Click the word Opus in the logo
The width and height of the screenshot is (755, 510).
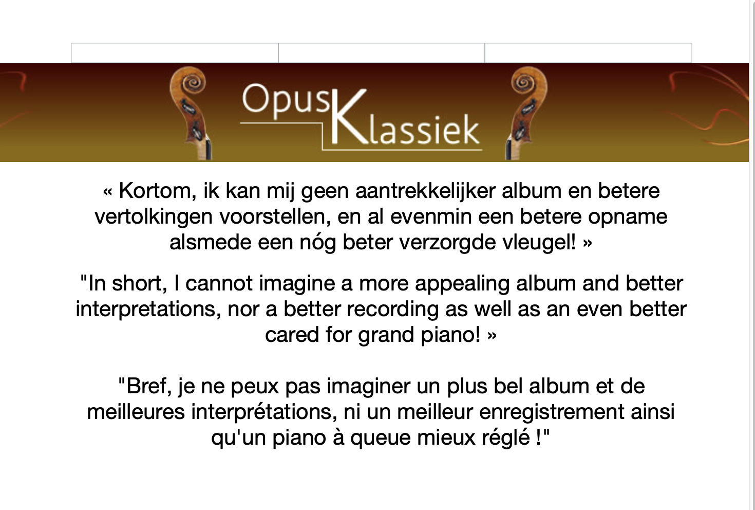[x=286, y=101]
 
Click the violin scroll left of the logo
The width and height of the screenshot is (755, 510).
[x=191, y=113]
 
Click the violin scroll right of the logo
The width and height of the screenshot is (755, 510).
[x=526, y=113]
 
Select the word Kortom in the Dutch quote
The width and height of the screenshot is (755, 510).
[x=157, y=191]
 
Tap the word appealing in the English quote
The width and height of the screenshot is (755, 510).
[x=462, y=284]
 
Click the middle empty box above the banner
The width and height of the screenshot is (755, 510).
[x=382, y=53]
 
